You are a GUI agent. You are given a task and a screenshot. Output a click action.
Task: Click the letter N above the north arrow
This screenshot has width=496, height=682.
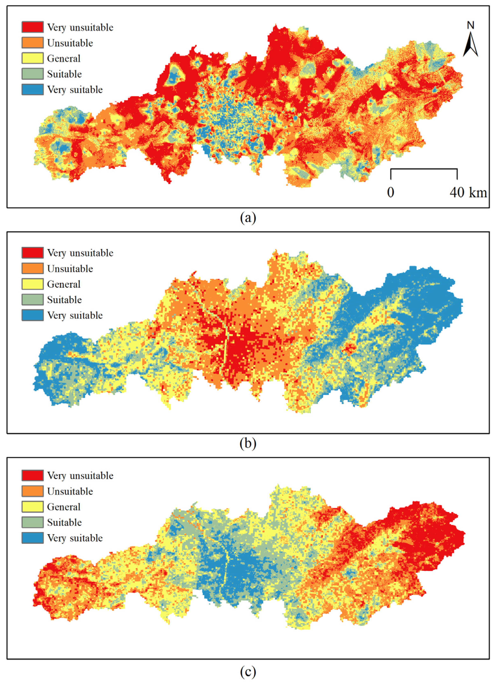point(471,26)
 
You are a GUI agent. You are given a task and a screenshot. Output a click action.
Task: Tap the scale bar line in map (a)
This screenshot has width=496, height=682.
point(424,170)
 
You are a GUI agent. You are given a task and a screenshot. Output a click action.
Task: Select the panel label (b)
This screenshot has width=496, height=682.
point(248,443)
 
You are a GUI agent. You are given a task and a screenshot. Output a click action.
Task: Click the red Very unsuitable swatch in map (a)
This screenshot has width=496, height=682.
point(33,27)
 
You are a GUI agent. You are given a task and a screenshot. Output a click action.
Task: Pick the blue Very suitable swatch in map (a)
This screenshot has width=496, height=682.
point(33,90)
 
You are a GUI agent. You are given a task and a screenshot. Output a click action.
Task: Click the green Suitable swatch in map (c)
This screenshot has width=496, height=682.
point(33,522)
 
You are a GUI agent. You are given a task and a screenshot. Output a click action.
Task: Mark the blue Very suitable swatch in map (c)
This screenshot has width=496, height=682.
point(33,538)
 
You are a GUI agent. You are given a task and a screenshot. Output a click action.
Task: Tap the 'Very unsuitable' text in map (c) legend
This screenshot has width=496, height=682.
point(80,476)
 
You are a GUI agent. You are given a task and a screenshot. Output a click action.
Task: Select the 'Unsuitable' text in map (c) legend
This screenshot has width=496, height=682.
point(70,491)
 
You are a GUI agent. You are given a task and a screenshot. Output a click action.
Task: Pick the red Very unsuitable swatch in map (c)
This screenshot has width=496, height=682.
point(33,476)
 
